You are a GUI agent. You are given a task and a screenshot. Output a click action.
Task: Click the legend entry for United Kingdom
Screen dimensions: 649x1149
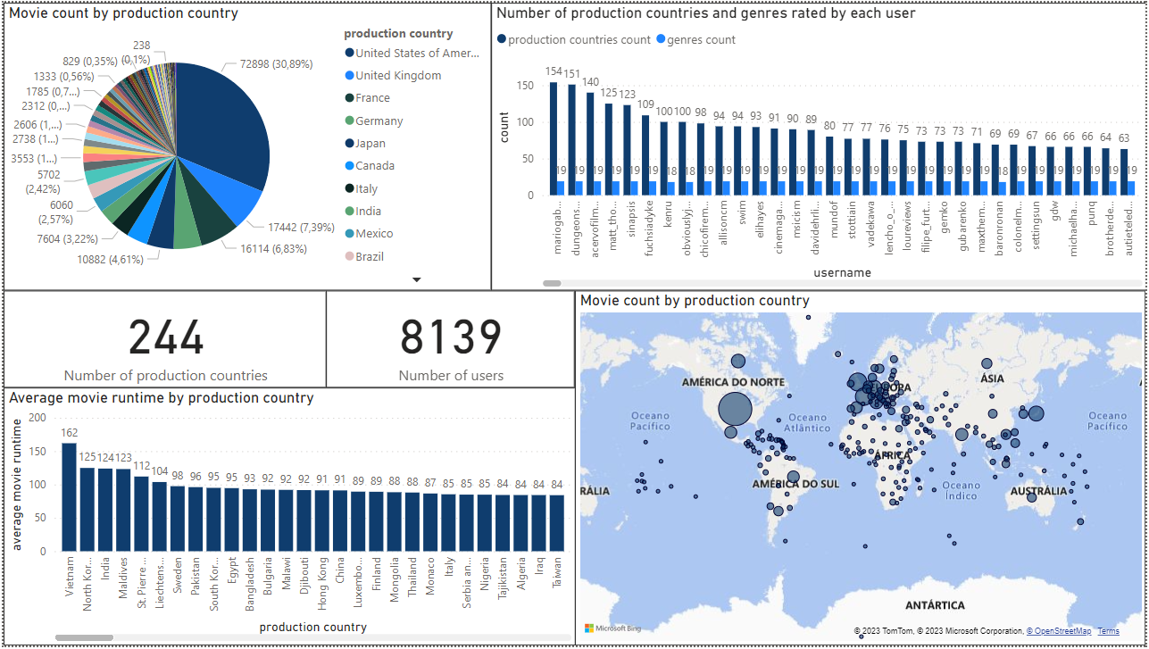[398, 76]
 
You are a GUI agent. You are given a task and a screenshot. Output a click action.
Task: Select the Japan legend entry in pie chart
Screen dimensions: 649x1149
[371, 144]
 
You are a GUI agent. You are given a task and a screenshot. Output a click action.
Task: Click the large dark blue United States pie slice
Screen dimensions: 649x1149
[223, 134]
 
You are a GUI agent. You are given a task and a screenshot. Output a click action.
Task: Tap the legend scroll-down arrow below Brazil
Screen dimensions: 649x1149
[416, 279]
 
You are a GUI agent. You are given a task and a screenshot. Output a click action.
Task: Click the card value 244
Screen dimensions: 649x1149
[166, 338]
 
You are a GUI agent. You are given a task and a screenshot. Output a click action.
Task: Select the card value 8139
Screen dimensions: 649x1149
[451, 338]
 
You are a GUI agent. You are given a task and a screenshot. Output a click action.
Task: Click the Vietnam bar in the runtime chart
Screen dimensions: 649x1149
[69, 496]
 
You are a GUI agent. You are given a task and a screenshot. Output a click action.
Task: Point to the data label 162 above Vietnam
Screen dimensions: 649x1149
[69, 434]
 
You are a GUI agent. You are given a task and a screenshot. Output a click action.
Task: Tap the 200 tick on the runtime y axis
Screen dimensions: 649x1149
[37, 418]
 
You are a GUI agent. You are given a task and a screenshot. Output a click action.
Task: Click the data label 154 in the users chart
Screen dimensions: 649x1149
[554, 72]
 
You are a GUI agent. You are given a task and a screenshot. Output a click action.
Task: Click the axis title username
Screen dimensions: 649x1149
[842, 272]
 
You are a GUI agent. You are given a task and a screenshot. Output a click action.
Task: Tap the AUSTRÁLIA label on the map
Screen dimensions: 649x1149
[1038, 491]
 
